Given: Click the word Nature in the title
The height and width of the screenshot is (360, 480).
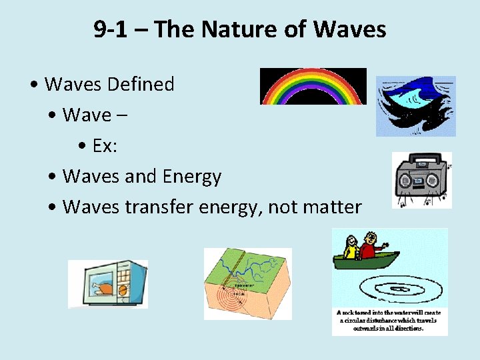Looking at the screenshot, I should click(x=237, y=29).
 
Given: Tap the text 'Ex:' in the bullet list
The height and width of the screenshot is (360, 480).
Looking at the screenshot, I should click(x=105, y=146).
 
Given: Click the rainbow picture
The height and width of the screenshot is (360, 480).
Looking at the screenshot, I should click(x=313, y=87).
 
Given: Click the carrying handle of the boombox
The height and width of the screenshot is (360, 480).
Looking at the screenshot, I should click(x=422, y=161).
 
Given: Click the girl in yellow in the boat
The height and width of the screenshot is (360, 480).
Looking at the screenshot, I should click(x=351, y=246).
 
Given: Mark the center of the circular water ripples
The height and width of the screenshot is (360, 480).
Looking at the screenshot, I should click(x=399, y=288).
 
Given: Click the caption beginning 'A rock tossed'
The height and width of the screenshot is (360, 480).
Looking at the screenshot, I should click(x=390, y=320).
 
